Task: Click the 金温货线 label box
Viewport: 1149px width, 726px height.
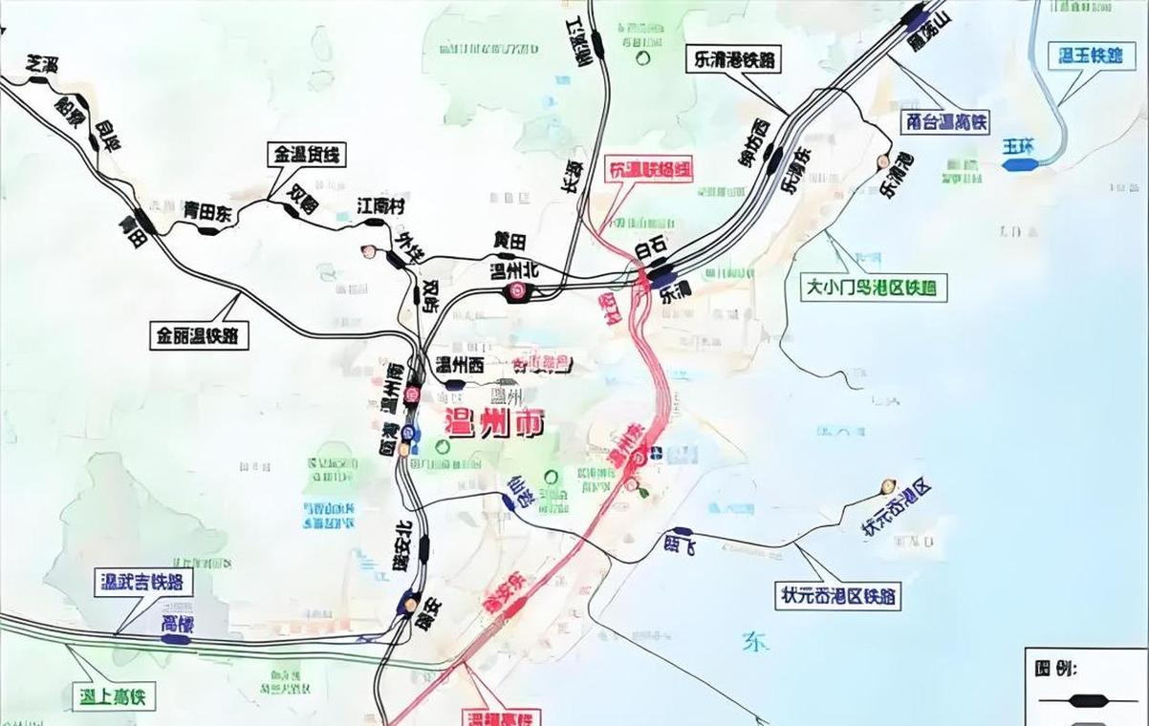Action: pos(308,154)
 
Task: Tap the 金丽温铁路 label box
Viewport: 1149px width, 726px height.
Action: pos(200,335)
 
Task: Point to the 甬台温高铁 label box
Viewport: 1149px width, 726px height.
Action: pos(945,122)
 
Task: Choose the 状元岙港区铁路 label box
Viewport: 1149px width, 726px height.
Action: pos(838,596)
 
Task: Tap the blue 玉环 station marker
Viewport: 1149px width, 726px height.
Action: pos(1021,164)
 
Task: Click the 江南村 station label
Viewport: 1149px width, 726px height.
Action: pos(381,206)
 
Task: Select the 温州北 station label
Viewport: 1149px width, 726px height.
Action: pos(514,270)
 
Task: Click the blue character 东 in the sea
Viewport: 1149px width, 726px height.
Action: pos(754,641)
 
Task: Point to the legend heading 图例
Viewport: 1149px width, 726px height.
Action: pos(1056,667)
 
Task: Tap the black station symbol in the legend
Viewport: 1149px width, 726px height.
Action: pos(1089,700)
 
